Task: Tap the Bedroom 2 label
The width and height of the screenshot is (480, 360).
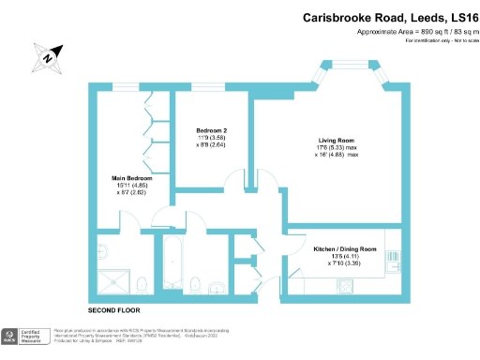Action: click(x=212, y=129)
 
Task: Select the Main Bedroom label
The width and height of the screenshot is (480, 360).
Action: click(x=129, y=176)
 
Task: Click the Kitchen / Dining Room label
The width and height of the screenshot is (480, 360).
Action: click(x=345, y=249)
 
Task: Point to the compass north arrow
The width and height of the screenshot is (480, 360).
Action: click(x=48, y=57)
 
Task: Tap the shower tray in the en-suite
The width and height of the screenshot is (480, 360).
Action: click(x=115, y=281)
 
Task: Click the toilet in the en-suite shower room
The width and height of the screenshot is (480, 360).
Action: click(x=141, y=285)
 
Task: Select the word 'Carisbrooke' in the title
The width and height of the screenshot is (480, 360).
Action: click(x=343, y=18)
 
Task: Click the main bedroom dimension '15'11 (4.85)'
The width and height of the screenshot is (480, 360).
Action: click(x=129, y=185)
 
